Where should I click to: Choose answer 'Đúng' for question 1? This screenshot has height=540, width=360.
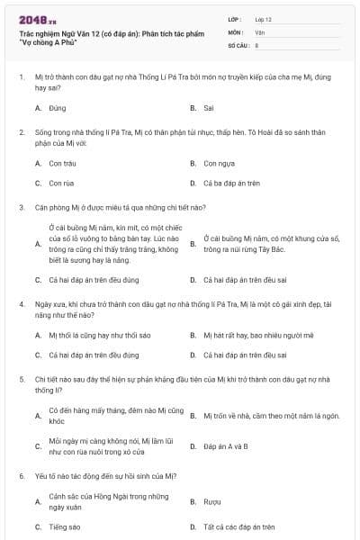coord(58,108)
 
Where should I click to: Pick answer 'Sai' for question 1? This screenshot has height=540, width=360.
coord(208,108)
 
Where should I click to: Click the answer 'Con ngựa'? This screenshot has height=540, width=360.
coord(219,164)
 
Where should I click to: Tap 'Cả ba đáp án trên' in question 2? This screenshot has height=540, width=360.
coord(231,183)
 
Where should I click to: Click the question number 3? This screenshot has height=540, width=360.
coord(21,207)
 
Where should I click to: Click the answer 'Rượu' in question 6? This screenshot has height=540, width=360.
coord(212,502)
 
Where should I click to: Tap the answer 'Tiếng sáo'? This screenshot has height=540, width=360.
coord(65,526)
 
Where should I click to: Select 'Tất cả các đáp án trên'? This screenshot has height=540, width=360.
coord(237,526)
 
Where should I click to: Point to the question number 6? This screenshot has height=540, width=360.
coord(21,474)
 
